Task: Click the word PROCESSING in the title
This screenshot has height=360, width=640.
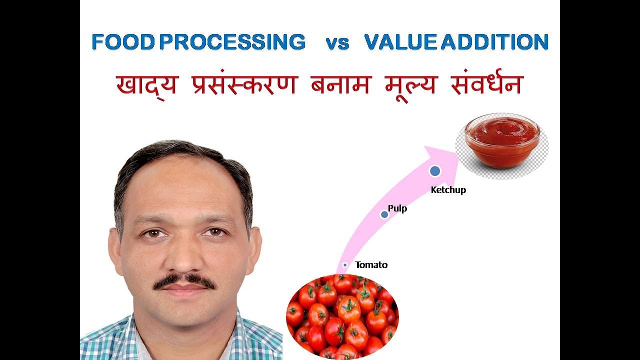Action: (x=232, y=42)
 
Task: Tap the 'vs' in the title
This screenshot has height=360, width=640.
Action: (x=337, y=43)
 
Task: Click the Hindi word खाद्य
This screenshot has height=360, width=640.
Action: (x=146, y=85)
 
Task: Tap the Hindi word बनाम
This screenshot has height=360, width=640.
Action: (x=340, y=85)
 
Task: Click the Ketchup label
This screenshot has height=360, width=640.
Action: (x=448, y=190)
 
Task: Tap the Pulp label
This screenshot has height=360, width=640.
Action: (x=397, y=208)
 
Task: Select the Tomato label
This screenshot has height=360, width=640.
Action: (x=371, y=265)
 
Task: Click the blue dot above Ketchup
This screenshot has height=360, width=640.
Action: (x=435, y=171)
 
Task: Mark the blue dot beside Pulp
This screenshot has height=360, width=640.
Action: (x=384, y=214)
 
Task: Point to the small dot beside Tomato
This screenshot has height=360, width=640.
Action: (x=345, y=265)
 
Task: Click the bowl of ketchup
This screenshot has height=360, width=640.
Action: (x=502, y=142)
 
